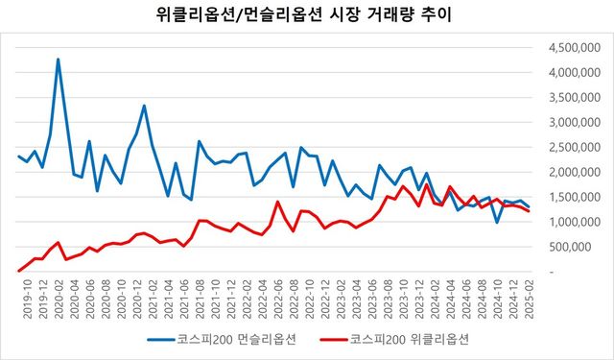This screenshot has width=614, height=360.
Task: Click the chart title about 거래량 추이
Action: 307,15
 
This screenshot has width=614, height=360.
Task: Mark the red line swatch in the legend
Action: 331,339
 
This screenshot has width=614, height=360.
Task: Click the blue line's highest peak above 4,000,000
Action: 58,60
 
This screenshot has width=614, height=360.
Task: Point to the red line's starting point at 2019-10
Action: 19,270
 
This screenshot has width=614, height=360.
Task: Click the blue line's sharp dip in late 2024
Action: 497,222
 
